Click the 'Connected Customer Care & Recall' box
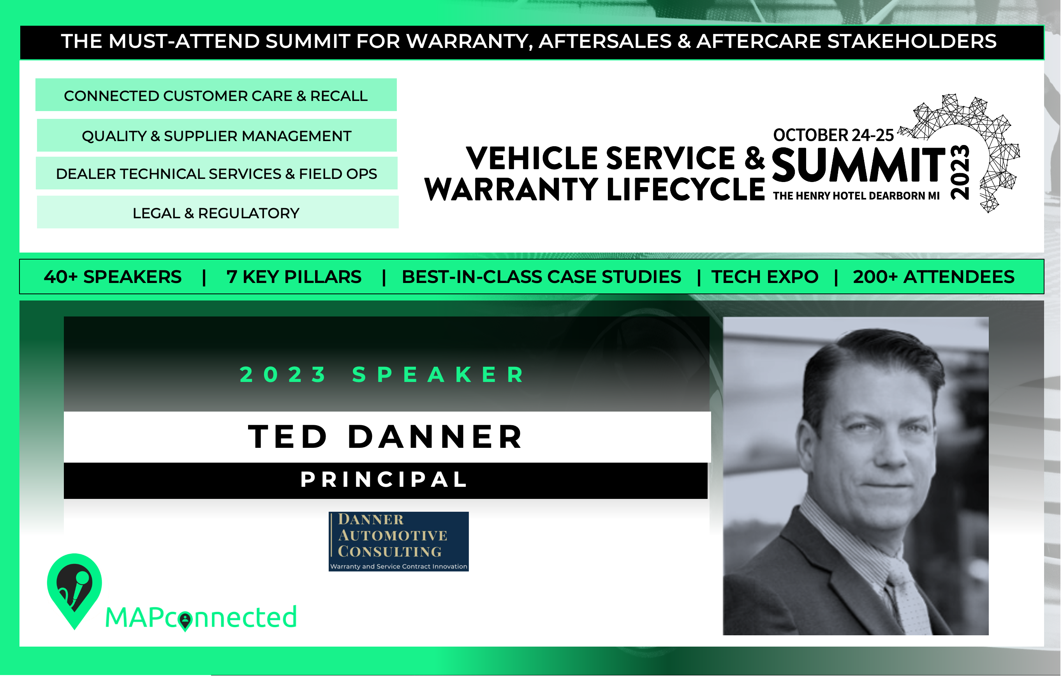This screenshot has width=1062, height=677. coord(216,95)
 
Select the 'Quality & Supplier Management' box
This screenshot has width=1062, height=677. coord(217,136)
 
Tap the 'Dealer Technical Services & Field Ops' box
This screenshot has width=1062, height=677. coord(217,173)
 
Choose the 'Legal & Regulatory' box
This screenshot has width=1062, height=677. coord(217,212)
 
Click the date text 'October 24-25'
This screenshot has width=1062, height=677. coord(833,135)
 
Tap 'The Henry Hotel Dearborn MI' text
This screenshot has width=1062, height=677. coord(856,196)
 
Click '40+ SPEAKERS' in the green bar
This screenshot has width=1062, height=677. coord(113,277)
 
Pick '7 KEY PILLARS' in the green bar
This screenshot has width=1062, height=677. coord(294,277)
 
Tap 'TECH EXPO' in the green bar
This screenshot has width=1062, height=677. coord(765,277)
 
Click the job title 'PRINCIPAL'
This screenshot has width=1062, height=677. coord(385,480)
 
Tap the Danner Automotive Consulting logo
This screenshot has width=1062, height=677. coord(399,541)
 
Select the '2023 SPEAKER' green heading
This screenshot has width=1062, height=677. coord(383,375)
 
